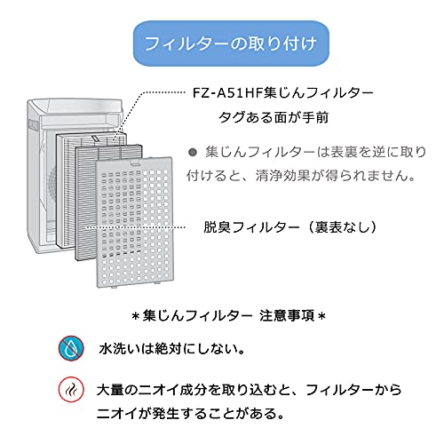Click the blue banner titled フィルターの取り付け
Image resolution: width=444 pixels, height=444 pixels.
coord(231,44)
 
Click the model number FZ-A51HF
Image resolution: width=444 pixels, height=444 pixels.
coord(227,93)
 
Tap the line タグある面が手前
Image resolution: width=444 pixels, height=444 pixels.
coord(274,117)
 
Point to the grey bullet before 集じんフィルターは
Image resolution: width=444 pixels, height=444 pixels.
coord(193,153)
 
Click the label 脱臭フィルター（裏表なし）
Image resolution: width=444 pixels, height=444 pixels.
coord(290,227)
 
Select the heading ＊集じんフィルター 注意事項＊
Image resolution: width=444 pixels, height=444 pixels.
coord(228,316)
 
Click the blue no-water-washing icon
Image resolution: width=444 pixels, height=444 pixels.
coord(71,348)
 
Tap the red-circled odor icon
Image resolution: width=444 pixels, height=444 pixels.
coord(71,390)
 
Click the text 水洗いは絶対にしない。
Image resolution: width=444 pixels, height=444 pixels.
coord(172,349)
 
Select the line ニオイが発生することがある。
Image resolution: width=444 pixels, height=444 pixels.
coord(190,413)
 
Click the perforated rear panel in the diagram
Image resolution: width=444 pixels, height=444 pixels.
coord(135,223)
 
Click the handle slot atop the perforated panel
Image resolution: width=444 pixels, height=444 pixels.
coord(135,163)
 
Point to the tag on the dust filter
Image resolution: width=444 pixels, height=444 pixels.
coord(95,139)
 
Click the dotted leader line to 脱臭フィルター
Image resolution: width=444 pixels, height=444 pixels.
coord(135,227)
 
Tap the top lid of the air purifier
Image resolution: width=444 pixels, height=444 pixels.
coord(75,106)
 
